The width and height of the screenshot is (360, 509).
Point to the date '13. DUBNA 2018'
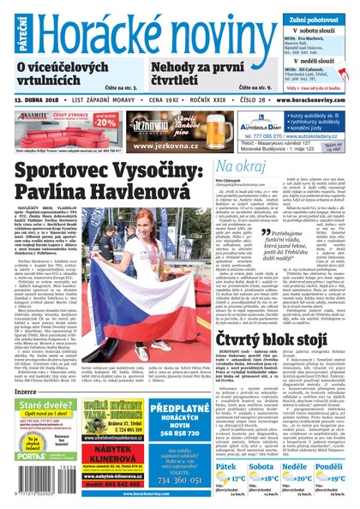pos(44,100)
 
